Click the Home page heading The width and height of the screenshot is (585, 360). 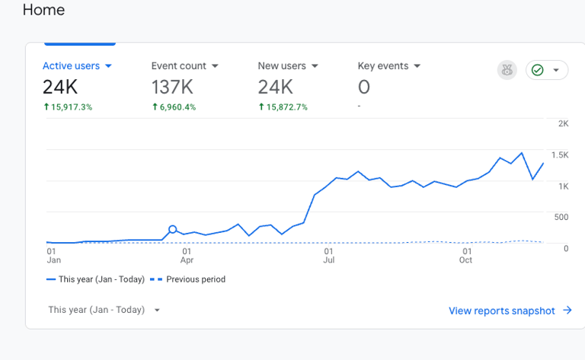click(x=43, y=10)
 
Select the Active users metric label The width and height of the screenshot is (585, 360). click(x=71, y=66)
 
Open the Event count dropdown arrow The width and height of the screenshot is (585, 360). click(x=215, y=66)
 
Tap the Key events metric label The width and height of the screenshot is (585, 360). click(x=383, y=66)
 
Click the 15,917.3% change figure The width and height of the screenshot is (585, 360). click(x=71, y=107)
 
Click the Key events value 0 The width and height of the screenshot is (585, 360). click(x=364, y=86)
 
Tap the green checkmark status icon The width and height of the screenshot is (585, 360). click(x=538, y=70)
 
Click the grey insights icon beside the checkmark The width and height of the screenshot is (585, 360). click(x=507, y=70)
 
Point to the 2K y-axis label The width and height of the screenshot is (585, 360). click(x=564, y=123)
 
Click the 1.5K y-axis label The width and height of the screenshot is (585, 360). click(x=560, y=155)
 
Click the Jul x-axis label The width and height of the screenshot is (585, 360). click(x=328, y=260)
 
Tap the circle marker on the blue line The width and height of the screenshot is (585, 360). click(x=172, y=229)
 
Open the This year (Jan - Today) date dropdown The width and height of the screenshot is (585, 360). click(x=104, y=310)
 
